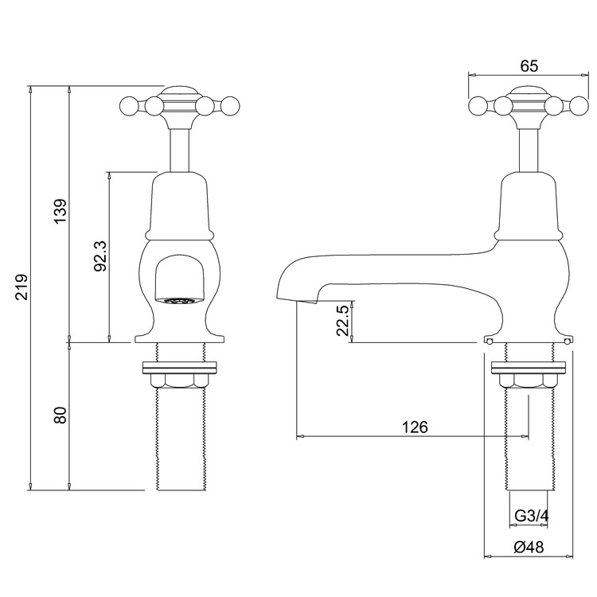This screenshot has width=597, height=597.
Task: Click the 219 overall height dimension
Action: point(22,287)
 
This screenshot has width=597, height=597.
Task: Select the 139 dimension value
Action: point(60,211)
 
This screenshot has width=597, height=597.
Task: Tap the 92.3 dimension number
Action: point(101,256)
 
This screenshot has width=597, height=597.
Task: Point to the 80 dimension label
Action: point(60,415)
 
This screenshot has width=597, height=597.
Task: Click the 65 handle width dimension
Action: point(529,66)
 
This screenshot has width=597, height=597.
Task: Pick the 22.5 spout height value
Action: point(342,320)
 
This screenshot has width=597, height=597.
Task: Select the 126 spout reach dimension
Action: point(415,427)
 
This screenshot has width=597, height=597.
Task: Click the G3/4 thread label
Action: point(532,517)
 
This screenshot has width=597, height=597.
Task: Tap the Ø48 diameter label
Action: point(529,548)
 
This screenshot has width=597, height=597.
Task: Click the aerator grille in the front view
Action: point(179,301)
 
